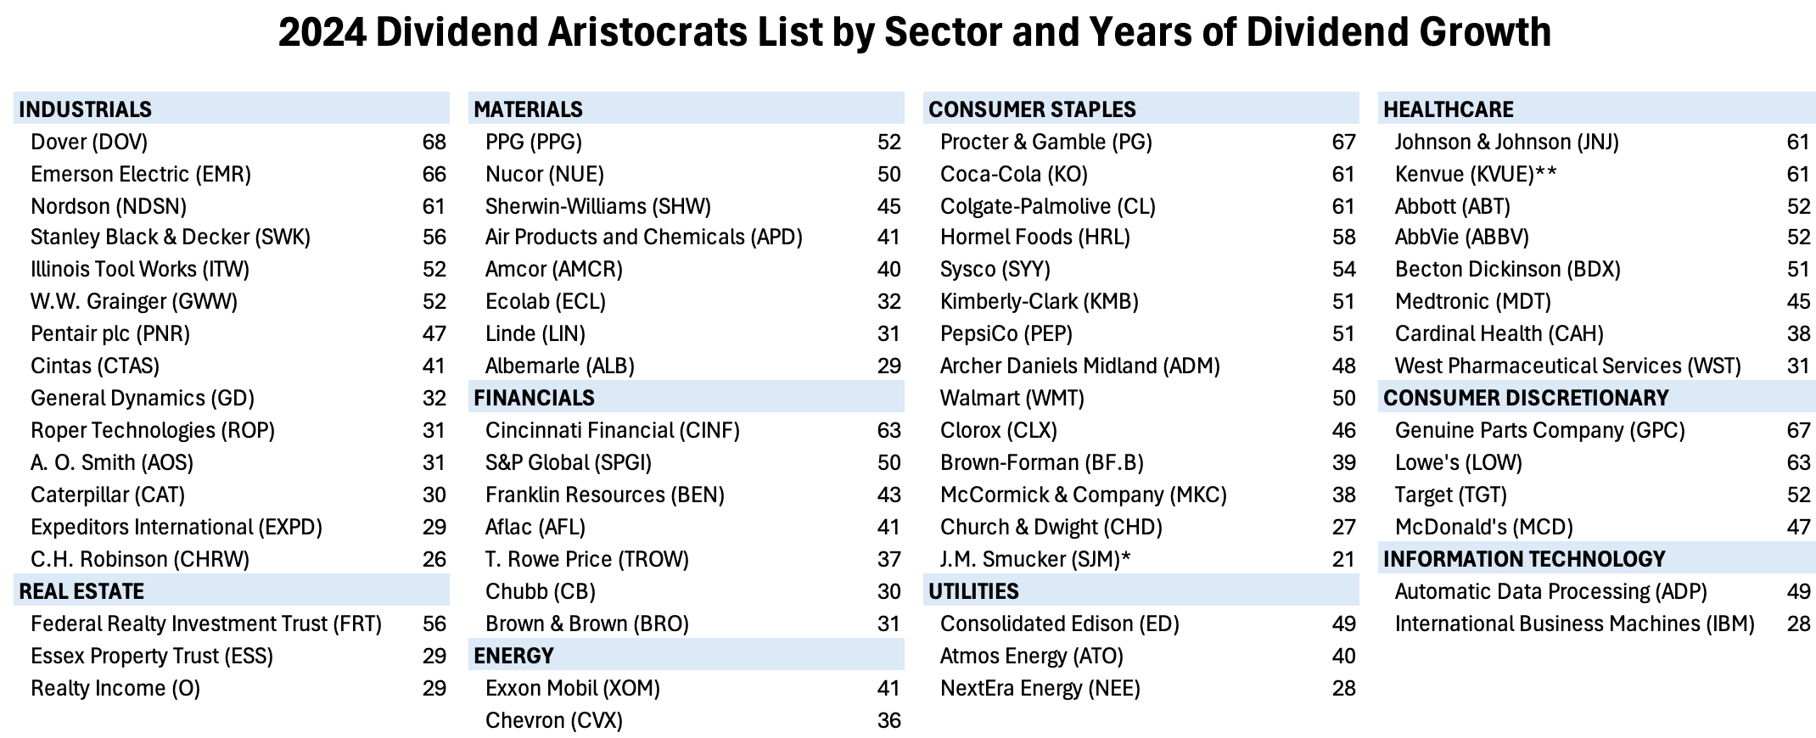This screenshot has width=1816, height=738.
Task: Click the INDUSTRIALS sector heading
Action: pos(85,109)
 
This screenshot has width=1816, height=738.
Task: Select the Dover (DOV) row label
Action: pos(89,142)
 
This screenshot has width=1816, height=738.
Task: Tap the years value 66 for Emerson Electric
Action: pos(434,174)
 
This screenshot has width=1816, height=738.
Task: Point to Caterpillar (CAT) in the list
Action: pos(108,495)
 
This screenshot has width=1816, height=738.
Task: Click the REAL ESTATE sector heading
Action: pos(81,591)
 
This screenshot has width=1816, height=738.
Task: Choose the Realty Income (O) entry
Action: pos(115,688)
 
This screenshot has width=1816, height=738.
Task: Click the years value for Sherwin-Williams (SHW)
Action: pos(888,206)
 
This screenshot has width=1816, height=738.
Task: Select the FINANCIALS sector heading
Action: pos(534,398)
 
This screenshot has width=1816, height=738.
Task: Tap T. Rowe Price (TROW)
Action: pos(587,559)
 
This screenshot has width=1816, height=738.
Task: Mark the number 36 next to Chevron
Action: pos(888,720)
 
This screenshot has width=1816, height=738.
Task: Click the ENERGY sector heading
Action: pos(513,656)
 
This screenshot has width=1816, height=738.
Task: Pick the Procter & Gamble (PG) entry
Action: pos(1046,142)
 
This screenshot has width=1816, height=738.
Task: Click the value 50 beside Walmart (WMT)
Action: pos(1343,398)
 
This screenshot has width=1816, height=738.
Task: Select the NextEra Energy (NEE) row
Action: pos(1040,688)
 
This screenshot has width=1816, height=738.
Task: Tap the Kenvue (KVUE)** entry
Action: pos(1476,174)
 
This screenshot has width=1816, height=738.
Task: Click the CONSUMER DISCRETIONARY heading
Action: pos(1526,398)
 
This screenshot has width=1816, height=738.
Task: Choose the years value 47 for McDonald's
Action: pos(1798,527)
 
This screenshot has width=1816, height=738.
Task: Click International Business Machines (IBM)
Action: pos(1574,623)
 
